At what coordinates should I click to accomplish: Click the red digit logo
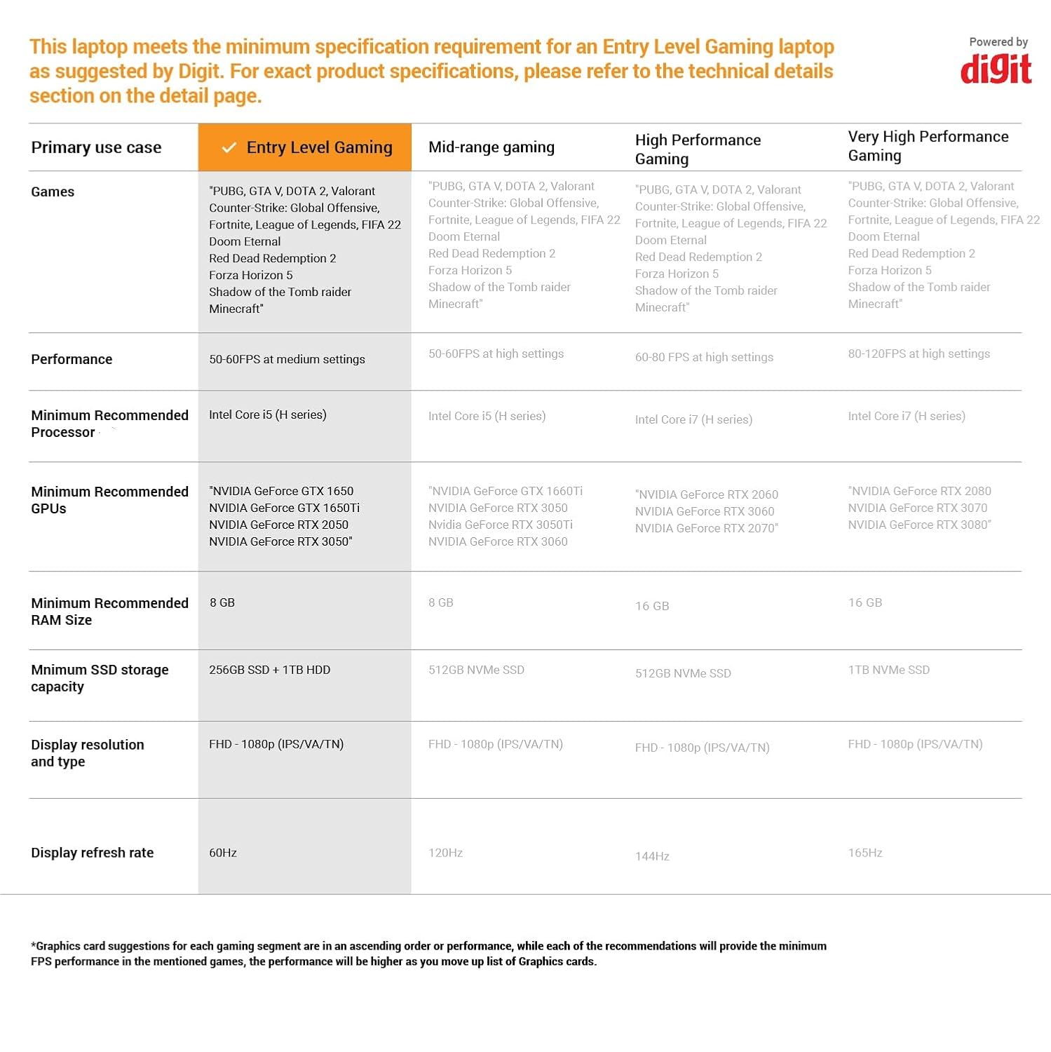click(996, 69)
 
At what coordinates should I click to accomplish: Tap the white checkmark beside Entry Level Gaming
click(229, 147)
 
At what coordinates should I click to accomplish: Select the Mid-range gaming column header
click(491, 147)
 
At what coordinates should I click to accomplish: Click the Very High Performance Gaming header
click(928, 146)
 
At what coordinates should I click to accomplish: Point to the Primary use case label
click(96, 147)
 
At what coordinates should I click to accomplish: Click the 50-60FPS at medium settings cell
click(287, 359)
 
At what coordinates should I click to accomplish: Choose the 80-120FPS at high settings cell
click(918, 353)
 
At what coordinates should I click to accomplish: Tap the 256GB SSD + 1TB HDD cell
click(269, 670)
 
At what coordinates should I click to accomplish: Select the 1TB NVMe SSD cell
click(888, 670)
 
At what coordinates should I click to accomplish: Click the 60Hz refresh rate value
click(223, 853)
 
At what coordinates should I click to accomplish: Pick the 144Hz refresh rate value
click(652, 856)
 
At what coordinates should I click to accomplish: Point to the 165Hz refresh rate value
click(865, 853)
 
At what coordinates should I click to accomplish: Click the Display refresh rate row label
click(92, 853)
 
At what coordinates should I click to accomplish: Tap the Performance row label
click(72, 359)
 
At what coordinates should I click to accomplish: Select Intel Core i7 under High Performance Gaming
click(693, 419)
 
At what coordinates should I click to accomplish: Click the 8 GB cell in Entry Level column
click(222, 602)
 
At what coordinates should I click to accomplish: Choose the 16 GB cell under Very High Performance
click(865, 602)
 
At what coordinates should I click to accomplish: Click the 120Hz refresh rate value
click(445, 853)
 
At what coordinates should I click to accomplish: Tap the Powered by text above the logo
click(998, 42)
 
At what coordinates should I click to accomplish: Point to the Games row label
click(53, 191)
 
